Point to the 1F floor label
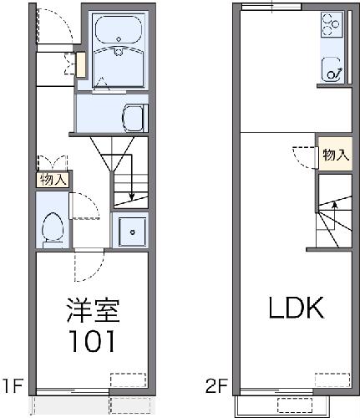[13, 386]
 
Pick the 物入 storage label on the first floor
[52, 178]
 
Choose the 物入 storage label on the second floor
[335, 155]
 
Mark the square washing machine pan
[130, 230]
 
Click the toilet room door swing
[84, 206]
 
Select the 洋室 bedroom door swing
[86, 266]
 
